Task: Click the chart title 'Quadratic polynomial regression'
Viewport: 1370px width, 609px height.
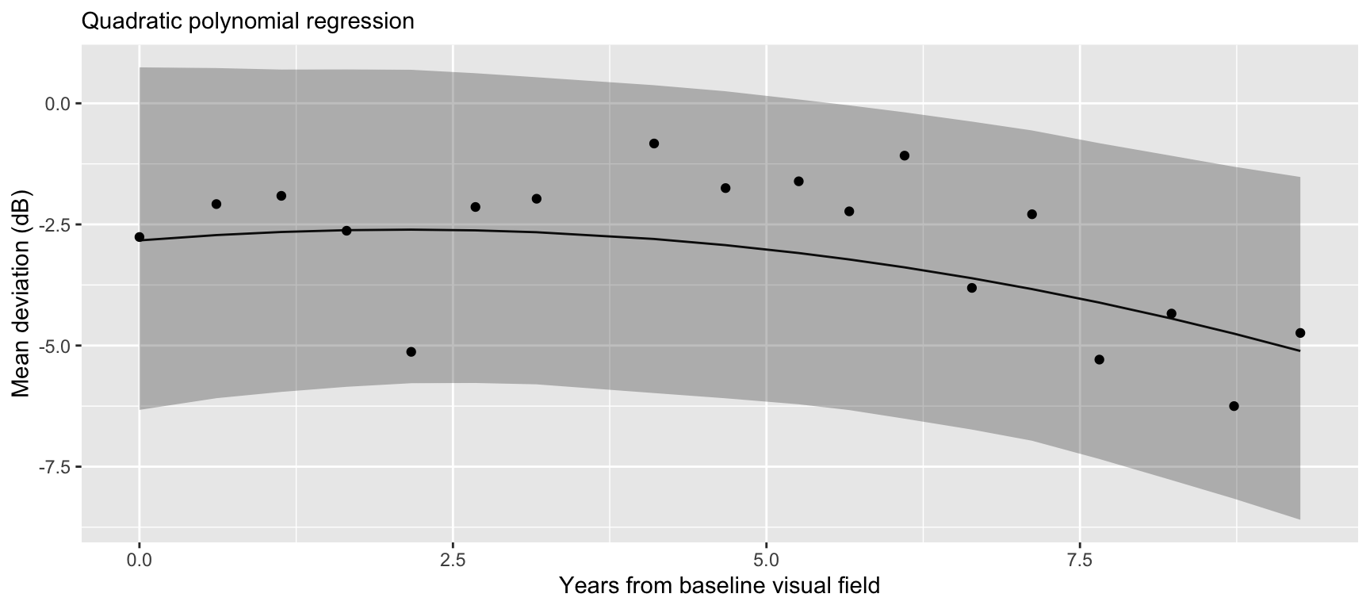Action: tap(247, 21)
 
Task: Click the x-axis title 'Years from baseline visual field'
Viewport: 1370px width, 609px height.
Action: tap(719, 586)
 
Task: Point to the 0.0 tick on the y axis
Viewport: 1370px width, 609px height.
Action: tap(59, 104)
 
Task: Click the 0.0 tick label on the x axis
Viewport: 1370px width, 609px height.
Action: tap(140, 561)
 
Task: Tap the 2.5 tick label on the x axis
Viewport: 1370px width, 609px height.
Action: tap(453, 561)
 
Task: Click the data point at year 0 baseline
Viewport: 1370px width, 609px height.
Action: tap(140, 237)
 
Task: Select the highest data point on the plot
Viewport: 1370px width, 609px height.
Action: tap(654, 144)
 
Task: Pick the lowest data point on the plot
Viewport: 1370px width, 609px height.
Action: tap(1234, 406)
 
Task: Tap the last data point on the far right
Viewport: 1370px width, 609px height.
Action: tap(1300, 333)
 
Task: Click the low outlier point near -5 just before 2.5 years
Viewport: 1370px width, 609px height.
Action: tap(411, 351)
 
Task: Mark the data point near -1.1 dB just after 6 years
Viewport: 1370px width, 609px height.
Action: tap(905, 155)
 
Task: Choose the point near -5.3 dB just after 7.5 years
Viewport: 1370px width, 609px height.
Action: tap(1099, 359)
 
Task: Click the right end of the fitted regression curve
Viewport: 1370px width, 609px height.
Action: tap(1299, 350)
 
